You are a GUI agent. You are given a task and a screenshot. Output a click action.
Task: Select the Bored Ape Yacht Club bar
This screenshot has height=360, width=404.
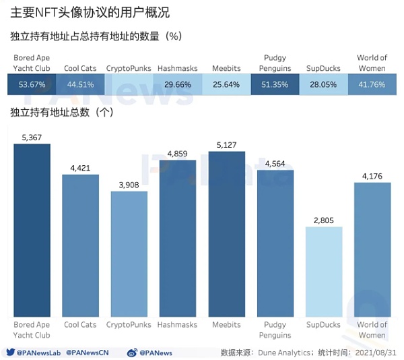point(32,230)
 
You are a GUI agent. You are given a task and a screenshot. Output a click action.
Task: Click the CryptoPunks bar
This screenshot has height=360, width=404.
point(129,253)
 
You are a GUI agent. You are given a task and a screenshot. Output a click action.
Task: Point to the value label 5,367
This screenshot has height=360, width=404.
point(32,138)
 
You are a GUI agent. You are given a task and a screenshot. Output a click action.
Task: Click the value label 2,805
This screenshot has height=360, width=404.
point(324,220)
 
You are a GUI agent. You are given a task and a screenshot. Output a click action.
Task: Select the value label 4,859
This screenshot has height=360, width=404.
point(178,154)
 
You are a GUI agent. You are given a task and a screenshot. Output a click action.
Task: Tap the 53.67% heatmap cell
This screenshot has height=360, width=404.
point(32,84)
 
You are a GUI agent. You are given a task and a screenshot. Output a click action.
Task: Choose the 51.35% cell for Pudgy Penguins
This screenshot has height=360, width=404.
point(275,84)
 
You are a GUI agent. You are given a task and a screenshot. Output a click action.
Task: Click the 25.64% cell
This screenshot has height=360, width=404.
point(227,84)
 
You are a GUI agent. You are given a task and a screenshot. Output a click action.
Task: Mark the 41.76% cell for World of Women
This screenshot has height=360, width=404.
point(372,84)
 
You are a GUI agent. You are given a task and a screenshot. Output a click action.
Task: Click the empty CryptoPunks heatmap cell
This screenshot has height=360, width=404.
point(129,84)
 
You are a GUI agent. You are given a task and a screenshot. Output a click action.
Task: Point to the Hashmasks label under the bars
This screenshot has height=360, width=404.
point(178,325)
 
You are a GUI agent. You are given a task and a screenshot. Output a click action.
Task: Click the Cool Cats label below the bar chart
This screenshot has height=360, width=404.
point(80,325)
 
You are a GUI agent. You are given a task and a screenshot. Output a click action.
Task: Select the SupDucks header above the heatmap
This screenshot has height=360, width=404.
point(324,68)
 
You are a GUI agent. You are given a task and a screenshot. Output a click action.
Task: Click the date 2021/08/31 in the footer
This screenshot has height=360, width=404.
point(376,352)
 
